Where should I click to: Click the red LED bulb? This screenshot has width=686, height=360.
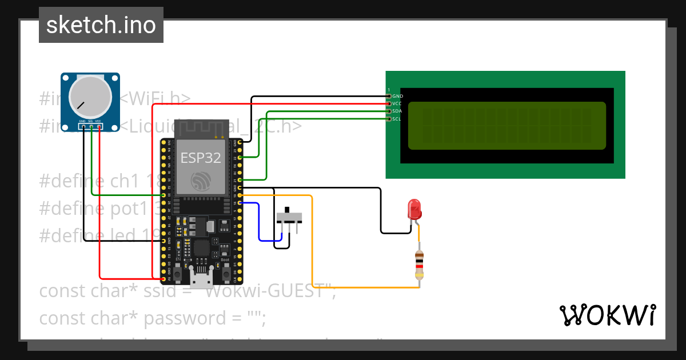(x=414, y=209)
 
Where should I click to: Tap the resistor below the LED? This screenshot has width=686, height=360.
(x=420, y=266)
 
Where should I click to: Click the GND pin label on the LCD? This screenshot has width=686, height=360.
(x=398, y=97)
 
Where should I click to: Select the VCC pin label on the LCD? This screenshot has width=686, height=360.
(x=397, y=103)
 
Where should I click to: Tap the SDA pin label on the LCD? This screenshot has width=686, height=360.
(x=397, y=111)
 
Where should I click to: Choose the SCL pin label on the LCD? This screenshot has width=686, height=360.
(x=397, y=118)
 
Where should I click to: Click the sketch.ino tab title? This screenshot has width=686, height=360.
(x=101, y=25)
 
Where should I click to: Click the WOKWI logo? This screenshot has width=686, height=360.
(x=607, y=315)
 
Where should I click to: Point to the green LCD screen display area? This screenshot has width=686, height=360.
(x=506, y=125)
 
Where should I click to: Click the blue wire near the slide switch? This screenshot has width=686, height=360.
(x=260, y=223)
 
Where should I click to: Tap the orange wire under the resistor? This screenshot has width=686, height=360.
(x=366, y=287)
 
